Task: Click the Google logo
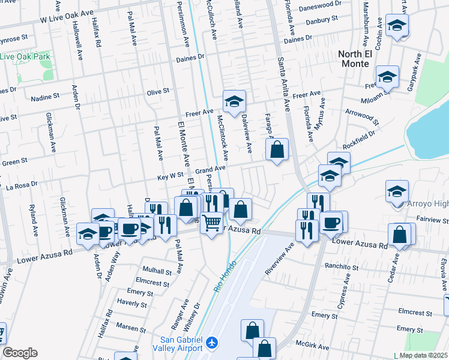[x=20, y=353]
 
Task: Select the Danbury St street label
[x=317, y=20]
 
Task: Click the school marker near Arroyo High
[x=397, y=192]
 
